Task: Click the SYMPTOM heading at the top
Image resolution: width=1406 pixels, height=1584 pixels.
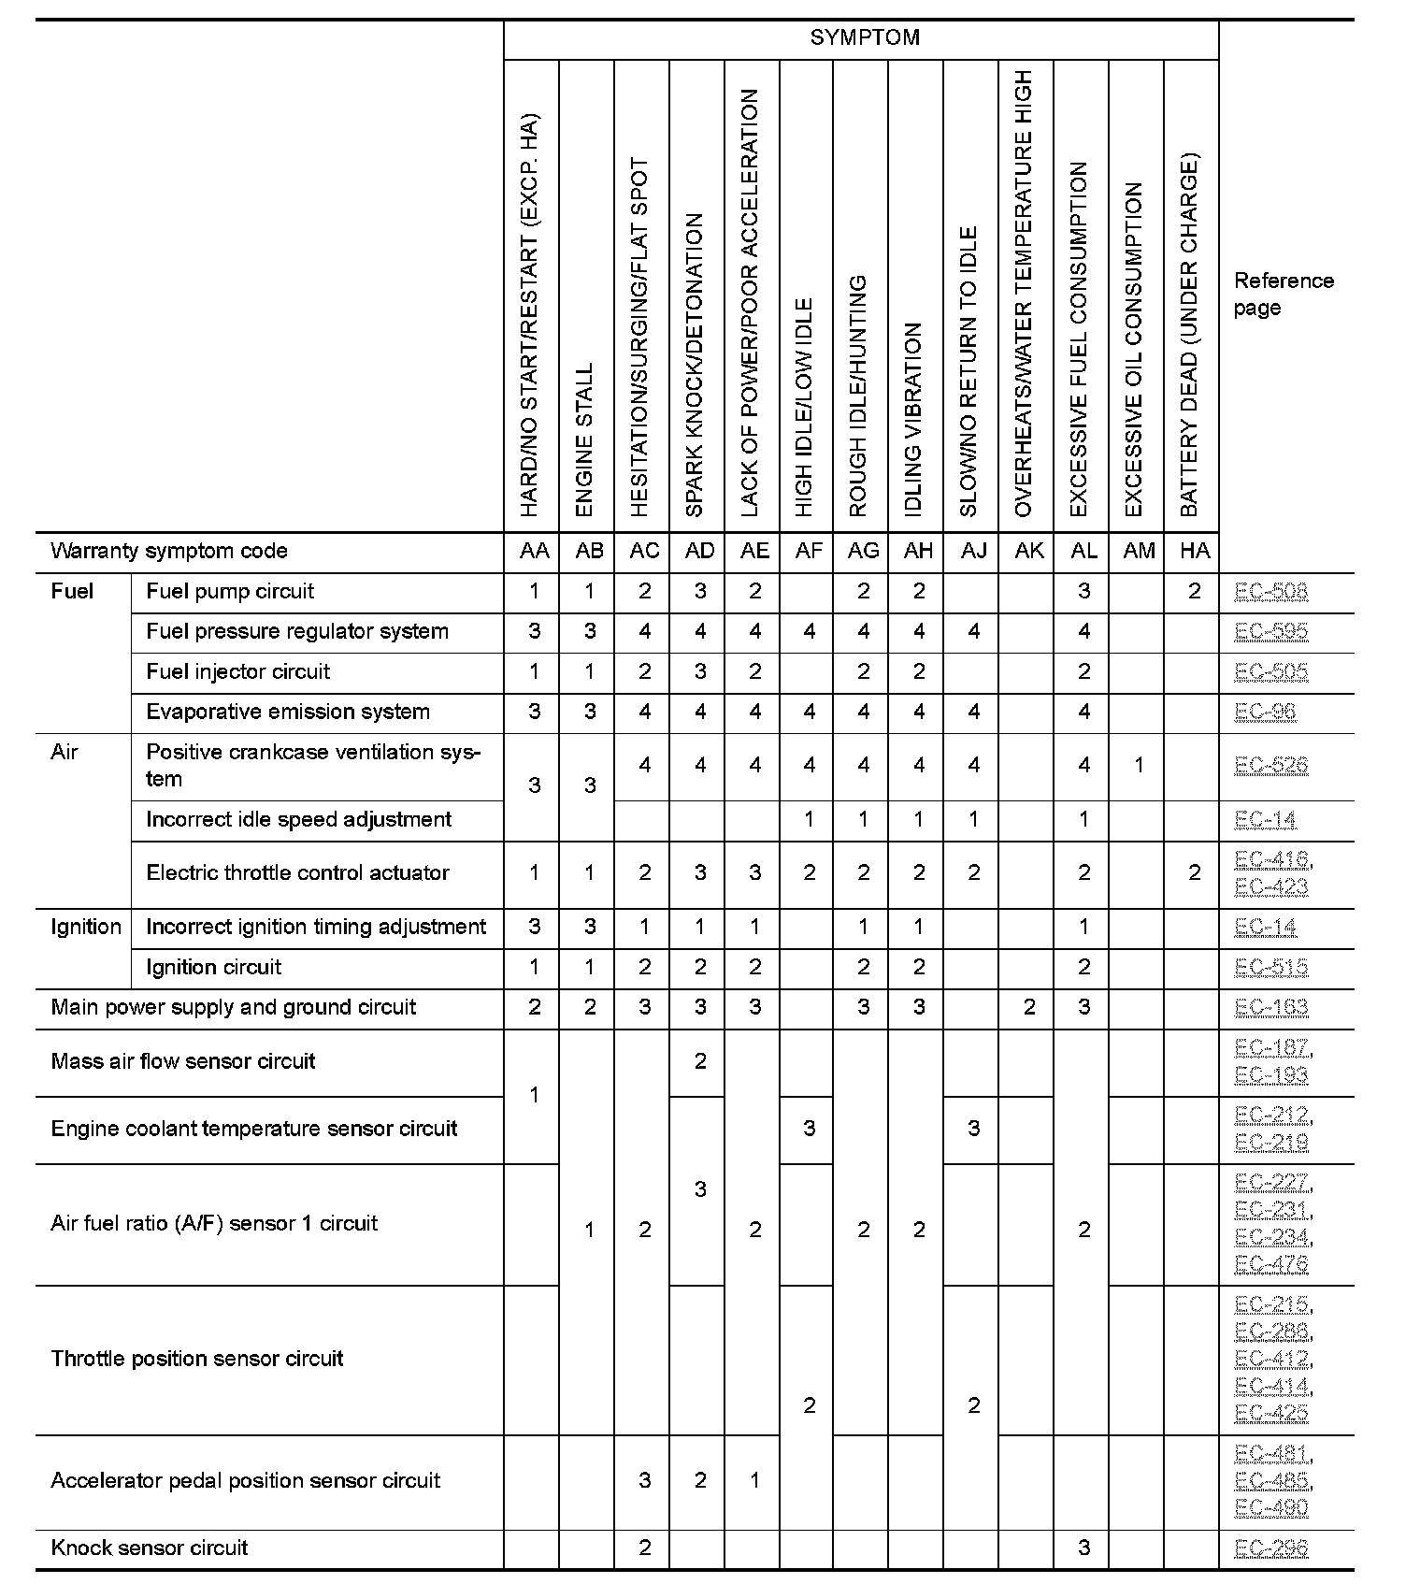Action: pyautogui.click(x=864, y=38)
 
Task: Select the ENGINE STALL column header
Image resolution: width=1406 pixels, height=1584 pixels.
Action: pyautogui.click(x=585, y=439)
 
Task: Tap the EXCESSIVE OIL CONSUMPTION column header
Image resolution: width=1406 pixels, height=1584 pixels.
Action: pyautogui.click(x=1134, y=350)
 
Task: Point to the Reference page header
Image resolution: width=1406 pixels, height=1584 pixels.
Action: pyautogui.click(x=1283, y=295)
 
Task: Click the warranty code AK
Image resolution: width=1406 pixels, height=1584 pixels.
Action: pyautogui.click(x=1028, y=551)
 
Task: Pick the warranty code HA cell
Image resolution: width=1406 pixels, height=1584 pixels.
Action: pyautogui.click(x=1194, y=551)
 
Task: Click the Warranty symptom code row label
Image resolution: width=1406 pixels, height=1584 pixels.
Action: pyautogui.click(x=169, y=551)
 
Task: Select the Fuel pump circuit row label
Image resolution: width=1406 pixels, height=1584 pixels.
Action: pyautogui.click(x=230, y=591)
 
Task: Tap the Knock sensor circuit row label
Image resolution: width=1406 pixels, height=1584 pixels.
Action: pyautogui.click(x=150, y=1548)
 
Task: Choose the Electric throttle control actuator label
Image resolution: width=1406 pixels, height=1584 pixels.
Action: pyautogui.click(x=297, y=872)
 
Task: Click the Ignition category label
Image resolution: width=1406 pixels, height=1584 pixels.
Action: pyautogui.click(x=86, y=927)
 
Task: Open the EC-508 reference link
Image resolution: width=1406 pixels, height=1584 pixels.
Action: pyautogui.click(x=1270, y=591)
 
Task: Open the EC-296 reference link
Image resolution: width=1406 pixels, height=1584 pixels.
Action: pyautogui.click(x=1270, y=1548)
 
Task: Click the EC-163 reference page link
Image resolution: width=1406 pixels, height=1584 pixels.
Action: pyautogui.click(x=1270, y=1007)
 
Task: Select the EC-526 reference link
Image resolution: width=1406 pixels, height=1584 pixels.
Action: pyautogui.click(x=1270, y=765)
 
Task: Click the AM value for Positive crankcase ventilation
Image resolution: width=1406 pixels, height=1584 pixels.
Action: pyautogui.click(x=1139, y=765)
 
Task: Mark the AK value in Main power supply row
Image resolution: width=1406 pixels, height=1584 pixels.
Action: pyautogui.click(x=1028, y=1007)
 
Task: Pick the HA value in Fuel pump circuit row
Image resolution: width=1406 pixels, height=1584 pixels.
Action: pyautogui.click(x=1194, y=591)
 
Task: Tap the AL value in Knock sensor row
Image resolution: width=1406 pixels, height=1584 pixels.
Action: pyautogui.click(x=1083, y=1548)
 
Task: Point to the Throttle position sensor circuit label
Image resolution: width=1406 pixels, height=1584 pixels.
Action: pyautogui.click(x=197, y=1359)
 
